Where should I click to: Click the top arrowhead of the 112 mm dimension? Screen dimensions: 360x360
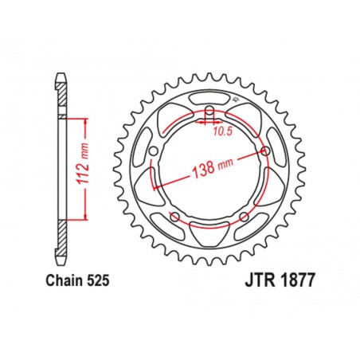tap(83, 119)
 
